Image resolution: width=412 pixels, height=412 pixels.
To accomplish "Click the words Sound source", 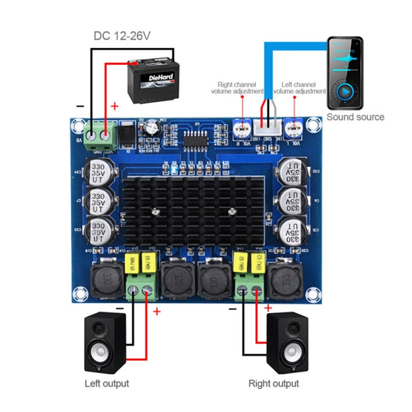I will (x=355, y=117).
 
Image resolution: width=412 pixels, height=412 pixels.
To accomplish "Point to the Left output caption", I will (x=107, y=383).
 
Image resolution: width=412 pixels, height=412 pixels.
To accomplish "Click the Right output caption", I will (x=274, y=383).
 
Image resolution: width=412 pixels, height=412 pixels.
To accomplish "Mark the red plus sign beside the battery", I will (x=115, y=106).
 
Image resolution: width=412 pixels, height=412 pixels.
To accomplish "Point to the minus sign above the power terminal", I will (x=80, y=106).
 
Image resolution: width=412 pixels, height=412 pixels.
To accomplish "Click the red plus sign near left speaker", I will (x=157, y=312).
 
